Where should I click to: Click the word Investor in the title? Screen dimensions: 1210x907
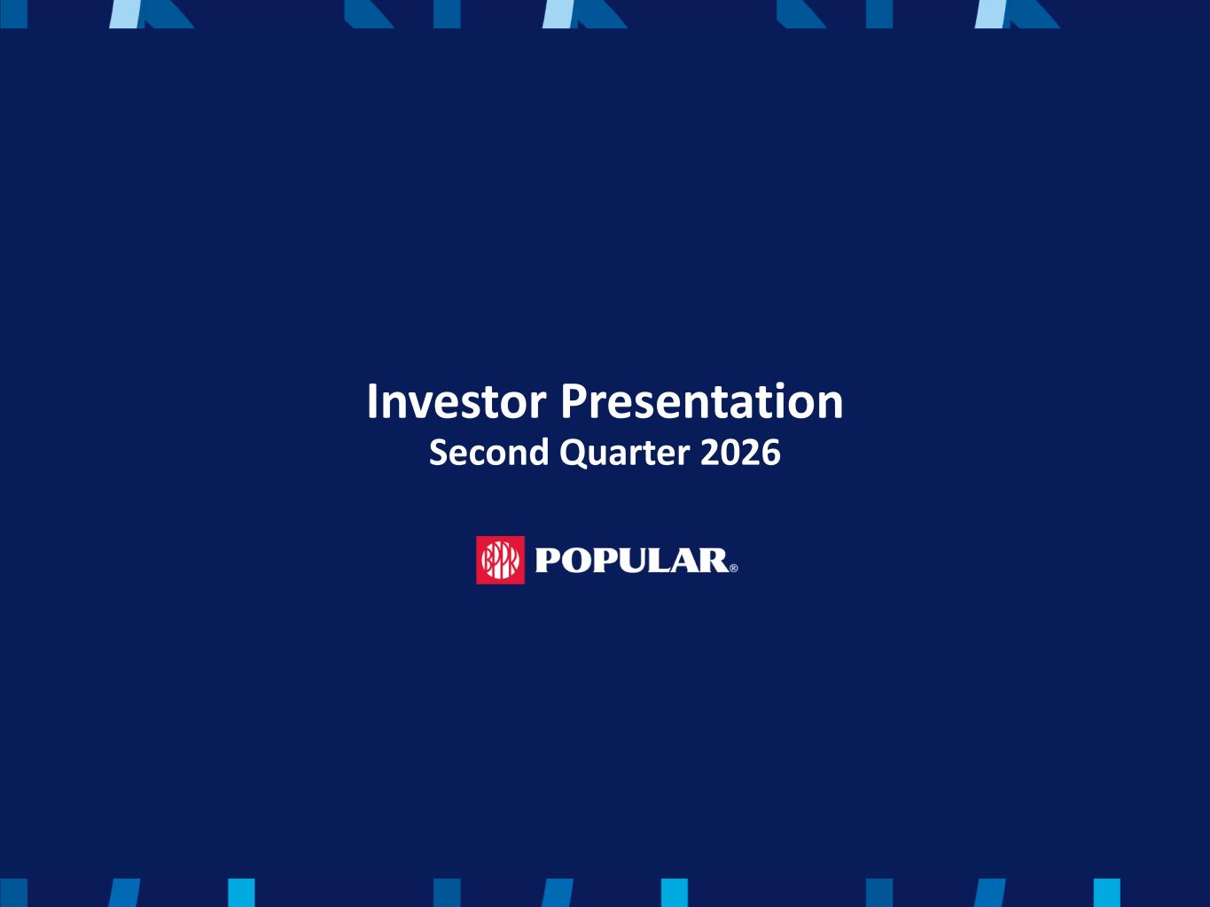click(457, 401)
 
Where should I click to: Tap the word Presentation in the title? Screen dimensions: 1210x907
click(702, 401)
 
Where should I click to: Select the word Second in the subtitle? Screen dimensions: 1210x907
click(489, 453)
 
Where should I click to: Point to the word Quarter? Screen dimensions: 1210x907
click(625, 453)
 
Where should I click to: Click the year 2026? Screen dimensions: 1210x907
click(740, 453)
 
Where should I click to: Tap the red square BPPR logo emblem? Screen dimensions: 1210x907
click(500, 560)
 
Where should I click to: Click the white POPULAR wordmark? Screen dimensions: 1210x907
click(632, 561)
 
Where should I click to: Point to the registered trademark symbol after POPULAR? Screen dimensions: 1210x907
click(733, 569)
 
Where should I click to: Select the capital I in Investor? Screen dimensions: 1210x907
click(371, 401)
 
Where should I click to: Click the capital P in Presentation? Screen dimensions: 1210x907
click(574, 401)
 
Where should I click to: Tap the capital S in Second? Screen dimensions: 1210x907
click(438, 453)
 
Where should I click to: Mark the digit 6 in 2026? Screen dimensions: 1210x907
click(771, 453)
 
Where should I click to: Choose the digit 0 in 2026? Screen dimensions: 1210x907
click(730, 453)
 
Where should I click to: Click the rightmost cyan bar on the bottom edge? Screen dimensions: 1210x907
click(1106, 893)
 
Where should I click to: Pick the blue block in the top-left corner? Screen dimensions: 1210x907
click(13, 14)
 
